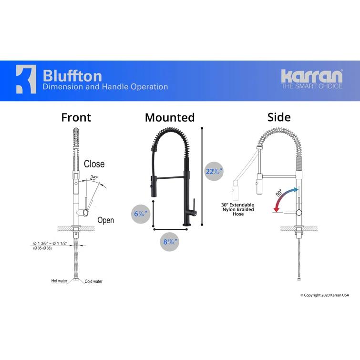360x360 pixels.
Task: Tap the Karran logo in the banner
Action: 311,76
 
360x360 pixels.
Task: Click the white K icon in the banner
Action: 26,79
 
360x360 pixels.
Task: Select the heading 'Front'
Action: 76,117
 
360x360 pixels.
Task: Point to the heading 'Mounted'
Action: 170,117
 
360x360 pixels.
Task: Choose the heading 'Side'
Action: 279,117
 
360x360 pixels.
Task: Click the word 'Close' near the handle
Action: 94,164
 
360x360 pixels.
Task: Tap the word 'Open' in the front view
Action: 105,220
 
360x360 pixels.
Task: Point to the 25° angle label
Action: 93,178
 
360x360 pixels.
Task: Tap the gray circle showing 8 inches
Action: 170,242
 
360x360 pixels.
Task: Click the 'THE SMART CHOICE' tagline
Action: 311,86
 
